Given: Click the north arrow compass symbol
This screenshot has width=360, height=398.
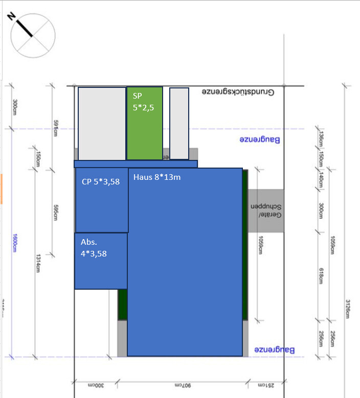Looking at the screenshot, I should pyautogui.click(x=33, y=35).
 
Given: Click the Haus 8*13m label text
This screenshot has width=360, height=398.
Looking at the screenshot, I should pyautogui.click(x=157, y=178).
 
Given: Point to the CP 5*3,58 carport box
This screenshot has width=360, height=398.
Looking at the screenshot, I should pyautogui.click(x=101, y=199).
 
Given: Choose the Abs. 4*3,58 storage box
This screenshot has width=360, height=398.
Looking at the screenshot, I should pyautogui.click(x=101, y=261).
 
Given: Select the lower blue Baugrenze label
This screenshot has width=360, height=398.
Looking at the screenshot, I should pyautogui.click(x=275, y=350).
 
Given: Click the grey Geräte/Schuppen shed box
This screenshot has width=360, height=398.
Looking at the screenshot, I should pyautogui.click(x=265, y=211).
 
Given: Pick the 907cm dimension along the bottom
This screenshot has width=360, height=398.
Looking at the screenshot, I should pyautogui.click(x=182, y=384).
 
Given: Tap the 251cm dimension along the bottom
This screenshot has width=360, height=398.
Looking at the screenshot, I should pyautogui.click(x=264, y=384).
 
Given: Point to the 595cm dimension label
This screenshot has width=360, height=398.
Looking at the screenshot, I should pyautogui.click(x=56, y=213).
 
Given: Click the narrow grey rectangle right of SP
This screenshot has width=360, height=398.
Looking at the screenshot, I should pyautogui.click(x=179, y=123).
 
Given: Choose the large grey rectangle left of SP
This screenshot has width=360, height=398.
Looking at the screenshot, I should pyautogui.click(x=102, y=123).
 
